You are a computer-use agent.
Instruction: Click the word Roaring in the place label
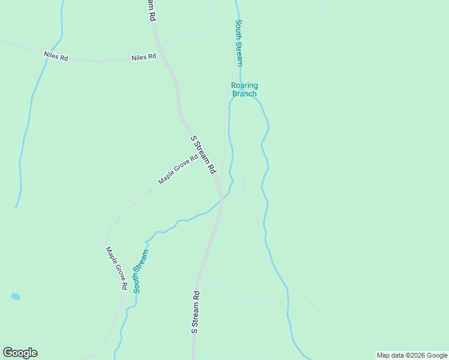pos(244,86)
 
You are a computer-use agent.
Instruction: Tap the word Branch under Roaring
pos(244,94)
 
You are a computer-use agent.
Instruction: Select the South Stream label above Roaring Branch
pos(239,43)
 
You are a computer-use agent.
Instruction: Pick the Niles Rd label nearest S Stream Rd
pos(144,57)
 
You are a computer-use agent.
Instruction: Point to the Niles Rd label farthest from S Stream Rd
pos(56,55)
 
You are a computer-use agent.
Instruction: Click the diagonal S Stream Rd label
pos(203,155)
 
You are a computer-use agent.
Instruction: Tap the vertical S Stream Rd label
pos(195,312)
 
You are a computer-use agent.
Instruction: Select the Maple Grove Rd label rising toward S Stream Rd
pos(178,170)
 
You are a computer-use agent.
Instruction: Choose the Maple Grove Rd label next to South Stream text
pos(116,268)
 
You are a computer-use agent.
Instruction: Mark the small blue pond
pos(16,296)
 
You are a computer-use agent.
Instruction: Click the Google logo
pos(20,353)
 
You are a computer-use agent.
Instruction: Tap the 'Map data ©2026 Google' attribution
pos(412,355)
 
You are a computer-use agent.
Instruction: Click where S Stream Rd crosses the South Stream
pos(221,201)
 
